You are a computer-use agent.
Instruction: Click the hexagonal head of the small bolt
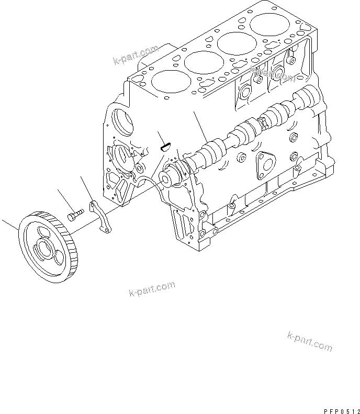[72, 215]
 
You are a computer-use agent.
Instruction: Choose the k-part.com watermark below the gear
[152, 288]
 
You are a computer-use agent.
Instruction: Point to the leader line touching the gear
[11, 225]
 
